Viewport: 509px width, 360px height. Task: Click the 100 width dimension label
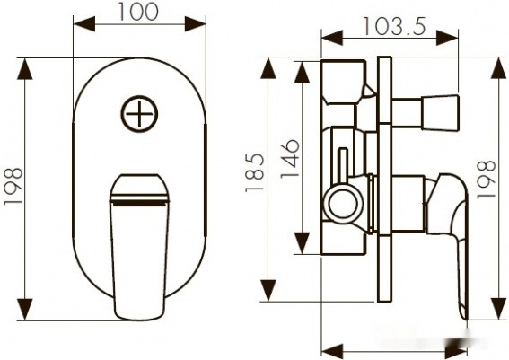click(139, 12)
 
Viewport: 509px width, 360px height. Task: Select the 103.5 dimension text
click(393, 26)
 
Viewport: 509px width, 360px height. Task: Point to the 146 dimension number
click(288, 157)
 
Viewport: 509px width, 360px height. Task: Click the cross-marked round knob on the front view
click(139, 114)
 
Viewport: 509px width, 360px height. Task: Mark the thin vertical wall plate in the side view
click(383, 180)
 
